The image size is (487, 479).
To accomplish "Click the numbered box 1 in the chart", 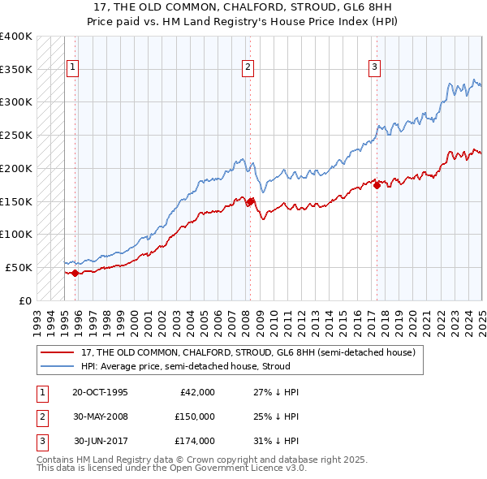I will (x=73, y=67).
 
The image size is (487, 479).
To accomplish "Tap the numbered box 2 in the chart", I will (x=248, y=67).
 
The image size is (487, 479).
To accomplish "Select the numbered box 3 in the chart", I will (x=375, y=67).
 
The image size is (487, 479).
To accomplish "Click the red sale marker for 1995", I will (x=75, y=273).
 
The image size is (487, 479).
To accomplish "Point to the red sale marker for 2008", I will (x=251, y=201).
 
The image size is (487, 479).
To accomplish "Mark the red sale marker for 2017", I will (x=377, y=185).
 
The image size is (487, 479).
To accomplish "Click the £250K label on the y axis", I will (x=15, y=136).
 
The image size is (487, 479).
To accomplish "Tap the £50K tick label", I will (x=19, y=267).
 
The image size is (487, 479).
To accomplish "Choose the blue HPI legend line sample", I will (x=58, y=366).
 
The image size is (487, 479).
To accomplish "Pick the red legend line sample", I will (x=58, y=352).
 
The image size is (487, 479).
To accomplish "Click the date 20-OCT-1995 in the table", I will (x=100, y=392).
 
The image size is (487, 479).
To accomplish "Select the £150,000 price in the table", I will (x=195, y=416).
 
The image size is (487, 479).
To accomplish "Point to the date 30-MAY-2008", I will (x=100, y=416).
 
